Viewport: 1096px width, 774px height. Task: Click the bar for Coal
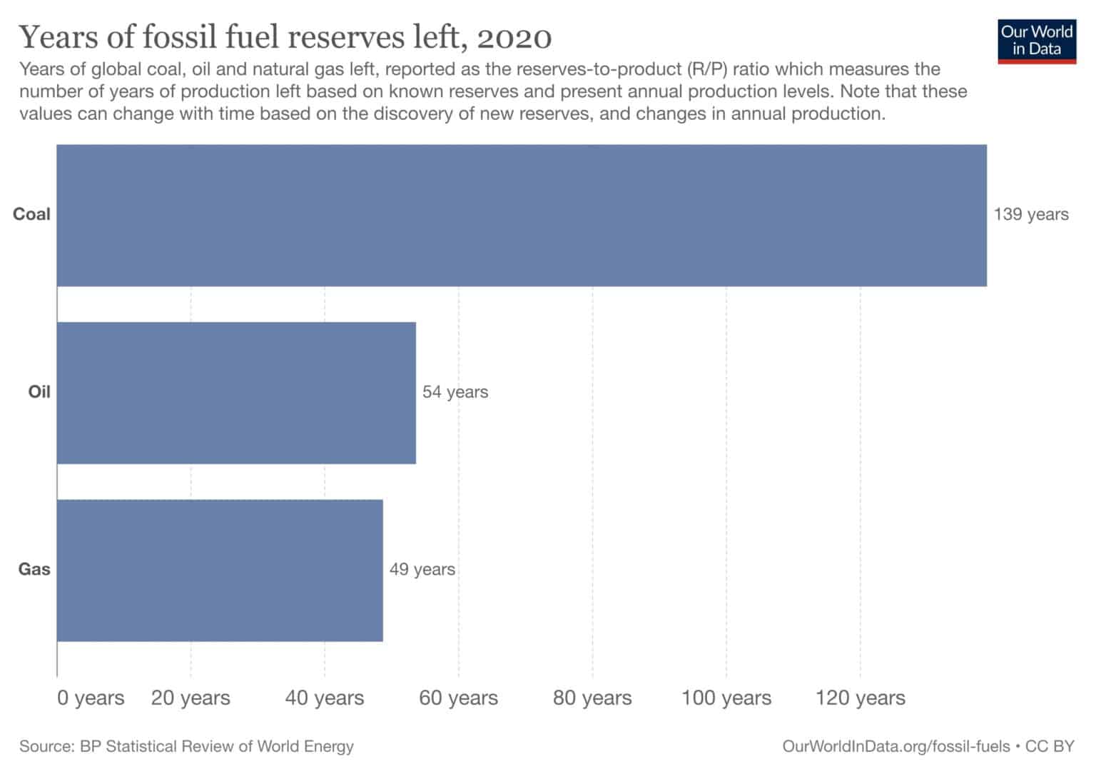pyautogui.click(x=522, y=216)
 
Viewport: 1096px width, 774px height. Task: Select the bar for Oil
pyautogui.click(x=236, y=393)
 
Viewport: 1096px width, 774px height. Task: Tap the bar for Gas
pyautogui.click(x=220, y=571)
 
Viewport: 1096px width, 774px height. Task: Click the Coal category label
pyautogui.click(x=31, y=214)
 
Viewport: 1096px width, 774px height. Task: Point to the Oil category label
pyautogui.click(x=39, y=392)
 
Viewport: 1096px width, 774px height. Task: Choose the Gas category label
pyautogui.click(x=34, y=569)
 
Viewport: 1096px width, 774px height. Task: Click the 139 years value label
pyautogui.click(x=1031, y=214)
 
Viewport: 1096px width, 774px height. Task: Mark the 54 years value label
pyautogui.click(x=455, y=392)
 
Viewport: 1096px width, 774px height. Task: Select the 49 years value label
pyautogui.click(x=422, y=569)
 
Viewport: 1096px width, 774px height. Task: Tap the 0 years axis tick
pyautogui.click(x=91, y=698)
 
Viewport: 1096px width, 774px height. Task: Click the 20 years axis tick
pyautogui.click(x=191, y=698)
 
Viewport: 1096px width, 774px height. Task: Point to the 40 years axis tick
pyautogui.click(x=325, y=698)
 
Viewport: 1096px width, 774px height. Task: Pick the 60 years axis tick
pyautogui.click(x=458, y=698)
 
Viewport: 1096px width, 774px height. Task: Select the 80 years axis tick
pyautogui.click(x=592, y=698)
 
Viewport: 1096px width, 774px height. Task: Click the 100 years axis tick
pyautogui.click(x=726, y=698)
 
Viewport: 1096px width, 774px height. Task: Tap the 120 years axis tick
pyautogui.click(x=861, y=698)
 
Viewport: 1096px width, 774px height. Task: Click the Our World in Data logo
pyautogui.click(x=1037, y=41)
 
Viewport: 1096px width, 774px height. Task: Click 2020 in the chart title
pyautogui.click(x=514, y=38)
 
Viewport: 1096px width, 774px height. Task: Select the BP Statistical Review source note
pyautogui.click(x=186, y=746)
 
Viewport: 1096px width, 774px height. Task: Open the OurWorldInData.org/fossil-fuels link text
pyautogui.click(x=896, y=746)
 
